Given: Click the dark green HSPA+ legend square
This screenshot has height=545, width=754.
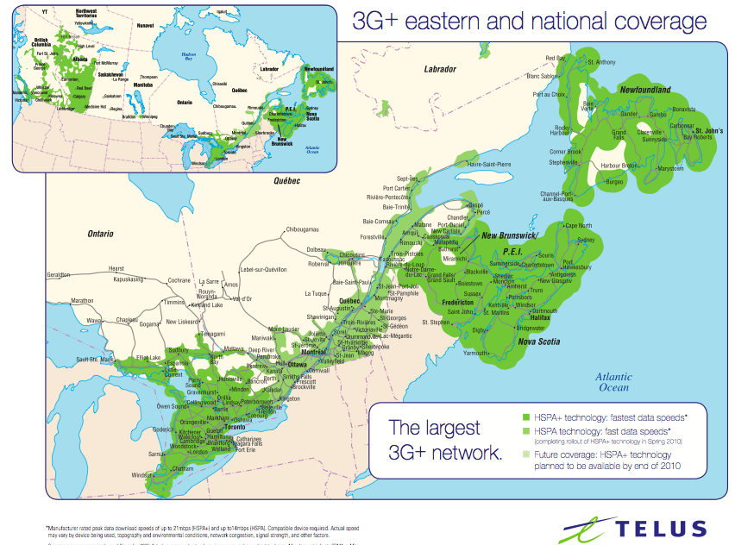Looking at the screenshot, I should [x=526, y=417].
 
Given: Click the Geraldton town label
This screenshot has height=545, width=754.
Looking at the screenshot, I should [x=59, y=273].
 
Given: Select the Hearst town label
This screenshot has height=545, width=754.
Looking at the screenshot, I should [x=116, y=269].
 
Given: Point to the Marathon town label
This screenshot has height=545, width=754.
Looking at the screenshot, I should [x=82, y=301].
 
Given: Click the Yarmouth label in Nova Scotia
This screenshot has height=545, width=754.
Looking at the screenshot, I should [x=475, y=353].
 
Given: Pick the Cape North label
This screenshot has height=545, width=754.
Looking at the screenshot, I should [x=578, y=225].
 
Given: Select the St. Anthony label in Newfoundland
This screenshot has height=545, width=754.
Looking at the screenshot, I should [x=601, y=62].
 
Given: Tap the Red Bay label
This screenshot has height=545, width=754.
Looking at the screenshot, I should [x=556, y=58].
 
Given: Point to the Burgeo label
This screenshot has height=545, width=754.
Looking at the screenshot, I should [x=613, y=182].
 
